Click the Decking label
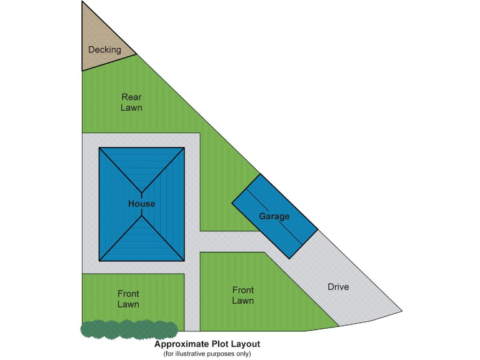click(104, 49)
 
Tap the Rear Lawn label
click(132, 102)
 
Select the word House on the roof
click(142, 204)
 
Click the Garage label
click(274, 216)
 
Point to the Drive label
click(338, 287)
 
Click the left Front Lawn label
click(128, 299)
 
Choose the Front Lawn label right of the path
click(242, 295)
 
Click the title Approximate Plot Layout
click(207, 344)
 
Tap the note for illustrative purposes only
click(207, 354)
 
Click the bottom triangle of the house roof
click(142, 244)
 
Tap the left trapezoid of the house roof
click(116, 204)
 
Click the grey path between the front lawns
click(192, 294)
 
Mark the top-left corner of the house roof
click(99, 148)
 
